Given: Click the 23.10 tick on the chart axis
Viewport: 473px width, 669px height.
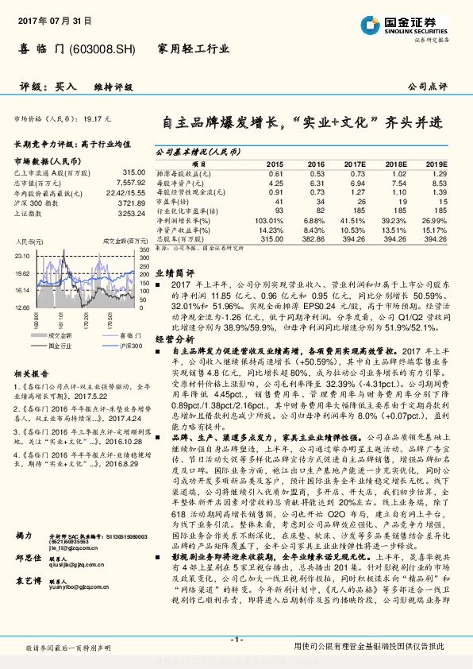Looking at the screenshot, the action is pyautogui.click(x=22, y=255).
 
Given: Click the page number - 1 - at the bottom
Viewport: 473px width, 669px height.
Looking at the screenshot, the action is pyautogui.click(x=236, y=639).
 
